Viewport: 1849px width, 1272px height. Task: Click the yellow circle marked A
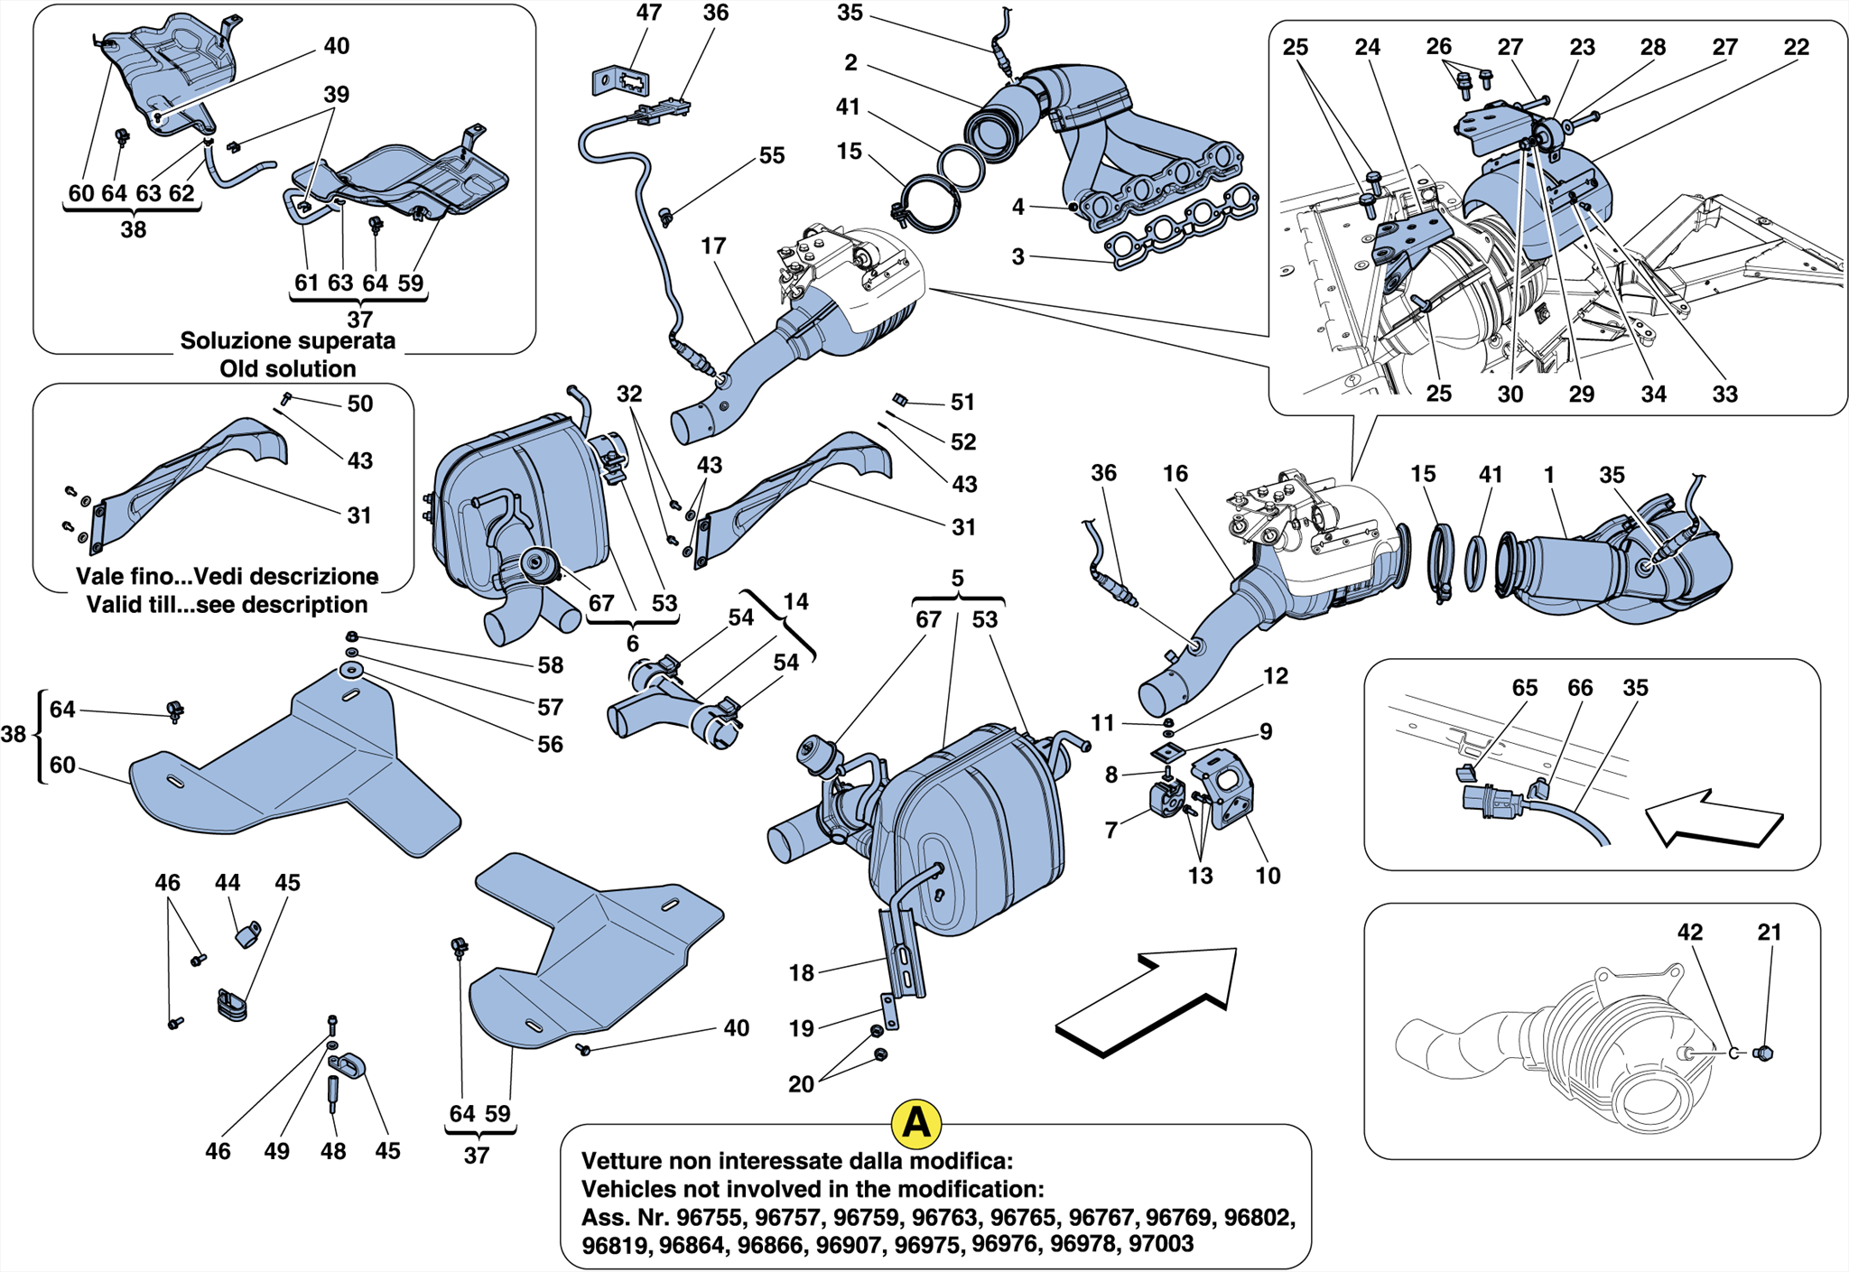point(915,1123)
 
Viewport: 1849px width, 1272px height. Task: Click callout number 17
point(713,246)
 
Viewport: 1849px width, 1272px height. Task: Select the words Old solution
point(287,368)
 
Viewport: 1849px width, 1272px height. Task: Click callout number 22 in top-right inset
point(1796,47)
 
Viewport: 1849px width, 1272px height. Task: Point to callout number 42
point(1689,932)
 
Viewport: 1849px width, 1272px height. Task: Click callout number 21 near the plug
point(1770,932)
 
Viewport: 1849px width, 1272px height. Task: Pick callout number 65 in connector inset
point(1524,688)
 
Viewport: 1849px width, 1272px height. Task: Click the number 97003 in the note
point(1161,1244)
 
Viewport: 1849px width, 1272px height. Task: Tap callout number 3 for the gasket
point(1017,256)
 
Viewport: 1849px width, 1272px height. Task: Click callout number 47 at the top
point(648,13)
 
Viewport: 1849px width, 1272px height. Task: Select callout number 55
point(771,155)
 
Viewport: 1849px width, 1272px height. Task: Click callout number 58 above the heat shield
point(550,665)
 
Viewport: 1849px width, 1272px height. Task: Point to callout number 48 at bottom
point(333,1151)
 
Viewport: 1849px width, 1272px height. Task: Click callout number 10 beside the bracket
point(1268,875)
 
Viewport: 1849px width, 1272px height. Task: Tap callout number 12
point(1275,675)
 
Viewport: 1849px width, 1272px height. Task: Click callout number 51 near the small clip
point(962,402)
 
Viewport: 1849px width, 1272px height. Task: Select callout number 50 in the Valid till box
point(359,404)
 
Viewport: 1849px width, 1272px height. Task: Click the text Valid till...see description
point(227,604)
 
